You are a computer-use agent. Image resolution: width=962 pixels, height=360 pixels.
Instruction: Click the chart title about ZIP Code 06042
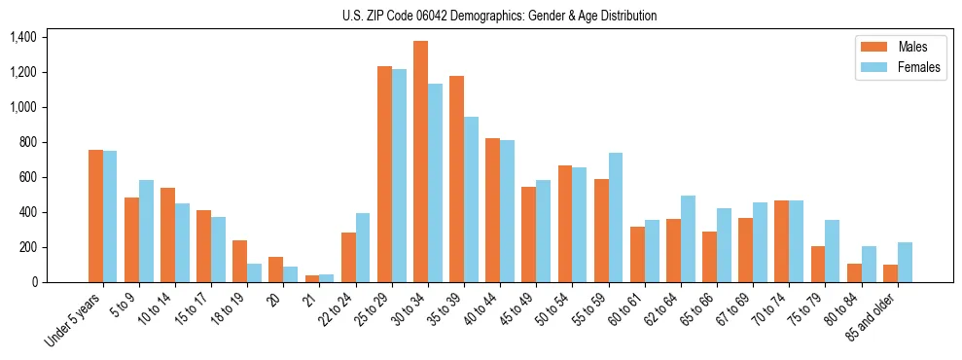(499, 16)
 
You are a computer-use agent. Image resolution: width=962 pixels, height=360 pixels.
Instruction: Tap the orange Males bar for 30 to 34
(420, 162)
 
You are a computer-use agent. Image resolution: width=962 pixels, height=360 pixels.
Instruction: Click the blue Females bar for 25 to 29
(399, 175)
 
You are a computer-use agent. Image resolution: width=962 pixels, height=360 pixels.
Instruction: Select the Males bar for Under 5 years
(95, 216)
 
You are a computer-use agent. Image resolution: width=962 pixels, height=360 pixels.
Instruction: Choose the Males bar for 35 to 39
(456, 179)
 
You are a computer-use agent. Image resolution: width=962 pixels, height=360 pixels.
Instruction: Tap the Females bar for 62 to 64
(688, 238)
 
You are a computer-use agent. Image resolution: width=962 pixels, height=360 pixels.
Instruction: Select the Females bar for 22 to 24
(363, 247)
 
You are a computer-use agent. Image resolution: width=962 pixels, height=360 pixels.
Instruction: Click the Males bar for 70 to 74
(781, 241)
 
